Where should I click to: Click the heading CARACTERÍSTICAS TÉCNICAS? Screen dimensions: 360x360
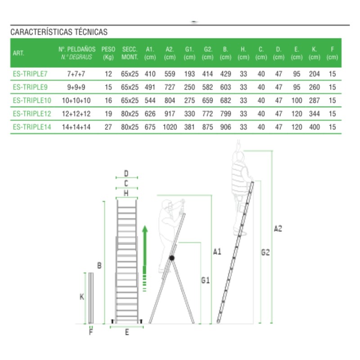point(59,32)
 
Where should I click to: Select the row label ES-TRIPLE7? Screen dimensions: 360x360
point(30,74)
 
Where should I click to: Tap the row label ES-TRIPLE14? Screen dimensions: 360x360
point(32,127)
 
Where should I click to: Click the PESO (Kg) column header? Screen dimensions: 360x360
point(108,53)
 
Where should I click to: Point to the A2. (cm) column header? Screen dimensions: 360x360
point(170,53)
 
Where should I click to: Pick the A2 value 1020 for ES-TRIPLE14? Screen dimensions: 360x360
point(170,127)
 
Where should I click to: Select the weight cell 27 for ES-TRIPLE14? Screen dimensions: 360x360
point(108,127)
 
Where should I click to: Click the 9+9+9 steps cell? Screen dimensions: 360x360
point(76,87)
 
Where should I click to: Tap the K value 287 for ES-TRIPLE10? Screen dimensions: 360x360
point(314,100)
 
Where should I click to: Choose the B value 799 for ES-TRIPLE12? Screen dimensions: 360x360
point(225,114)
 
